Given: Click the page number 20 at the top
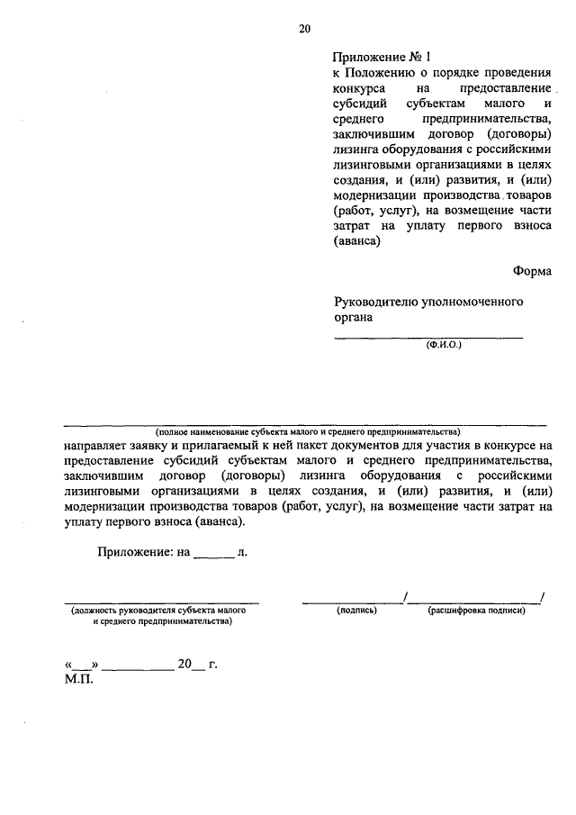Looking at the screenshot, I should point(304,29).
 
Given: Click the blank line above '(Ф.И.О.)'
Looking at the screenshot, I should point(428,338).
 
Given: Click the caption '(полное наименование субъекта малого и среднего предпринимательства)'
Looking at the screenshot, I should point(306,430).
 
